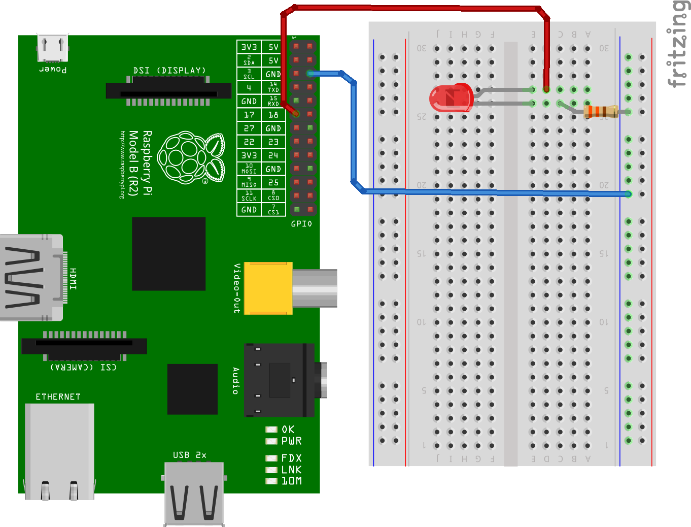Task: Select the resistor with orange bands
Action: [601, 112]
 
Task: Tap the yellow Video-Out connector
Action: [268, 288]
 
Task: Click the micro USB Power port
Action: [52, 48]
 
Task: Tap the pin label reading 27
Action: [249, 128]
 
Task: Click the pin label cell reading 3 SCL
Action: [249, 74]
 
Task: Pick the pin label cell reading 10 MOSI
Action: [249, 169]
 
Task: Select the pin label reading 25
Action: [273, 182]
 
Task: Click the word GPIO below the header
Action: [301, 224]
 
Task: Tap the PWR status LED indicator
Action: [271, 441]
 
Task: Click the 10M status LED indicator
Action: [271, 481]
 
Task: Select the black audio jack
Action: [279, 380]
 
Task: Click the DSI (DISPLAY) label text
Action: [169, 71]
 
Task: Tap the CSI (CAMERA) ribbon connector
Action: [84, 346]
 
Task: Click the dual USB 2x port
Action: [194, 492]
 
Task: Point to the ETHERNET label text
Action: [58, 397]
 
